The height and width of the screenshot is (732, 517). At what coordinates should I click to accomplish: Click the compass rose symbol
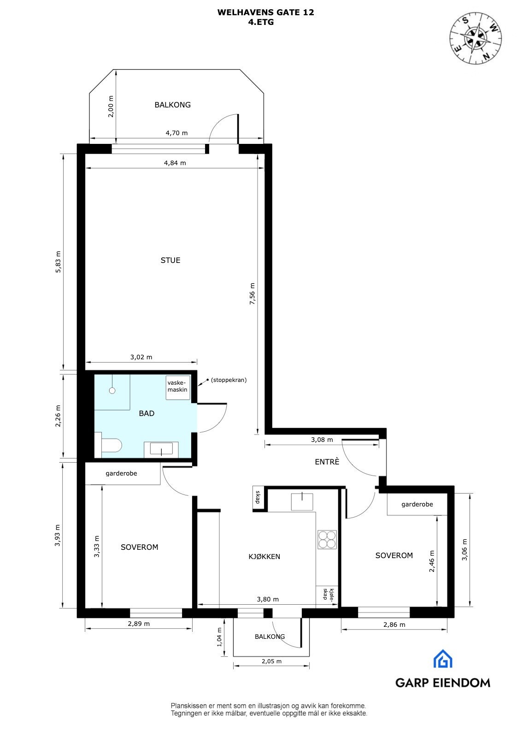tap(476, 37)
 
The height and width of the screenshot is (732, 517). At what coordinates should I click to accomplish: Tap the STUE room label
tap(170, 260)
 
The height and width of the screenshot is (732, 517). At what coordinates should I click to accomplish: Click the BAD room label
tap(147, 413)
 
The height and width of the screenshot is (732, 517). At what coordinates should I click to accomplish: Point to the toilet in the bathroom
tap(111, 446)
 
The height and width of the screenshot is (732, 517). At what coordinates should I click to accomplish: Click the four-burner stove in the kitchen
tap(327, 539)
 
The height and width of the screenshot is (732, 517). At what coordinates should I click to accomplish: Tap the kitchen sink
tap(302, 501)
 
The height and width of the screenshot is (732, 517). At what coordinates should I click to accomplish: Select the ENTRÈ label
tap(327, 461)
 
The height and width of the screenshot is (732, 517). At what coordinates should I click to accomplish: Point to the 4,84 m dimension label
tap(176, 163)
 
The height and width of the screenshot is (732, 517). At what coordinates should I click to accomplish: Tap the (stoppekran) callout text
tap(229, 380)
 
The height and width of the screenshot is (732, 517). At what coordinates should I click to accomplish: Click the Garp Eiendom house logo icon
tap(443, 659)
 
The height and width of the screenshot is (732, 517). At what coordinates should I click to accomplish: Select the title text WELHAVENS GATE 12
tap(266, 13)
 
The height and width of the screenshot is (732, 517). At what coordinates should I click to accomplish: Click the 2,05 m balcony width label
tap(271, 661)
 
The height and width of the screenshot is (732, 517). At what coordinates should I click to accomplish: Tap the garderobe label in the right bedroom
tap(417, 504)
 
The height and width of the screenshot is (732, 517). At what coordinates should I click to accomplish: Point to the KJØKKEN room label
tap(264, 557)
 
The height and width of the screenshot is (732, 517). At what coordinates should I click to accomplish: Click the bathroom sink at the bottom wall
tap(161, 449)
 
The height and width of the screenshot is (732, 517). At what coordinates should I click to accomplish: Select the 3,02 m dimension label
tap(141, 357)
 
